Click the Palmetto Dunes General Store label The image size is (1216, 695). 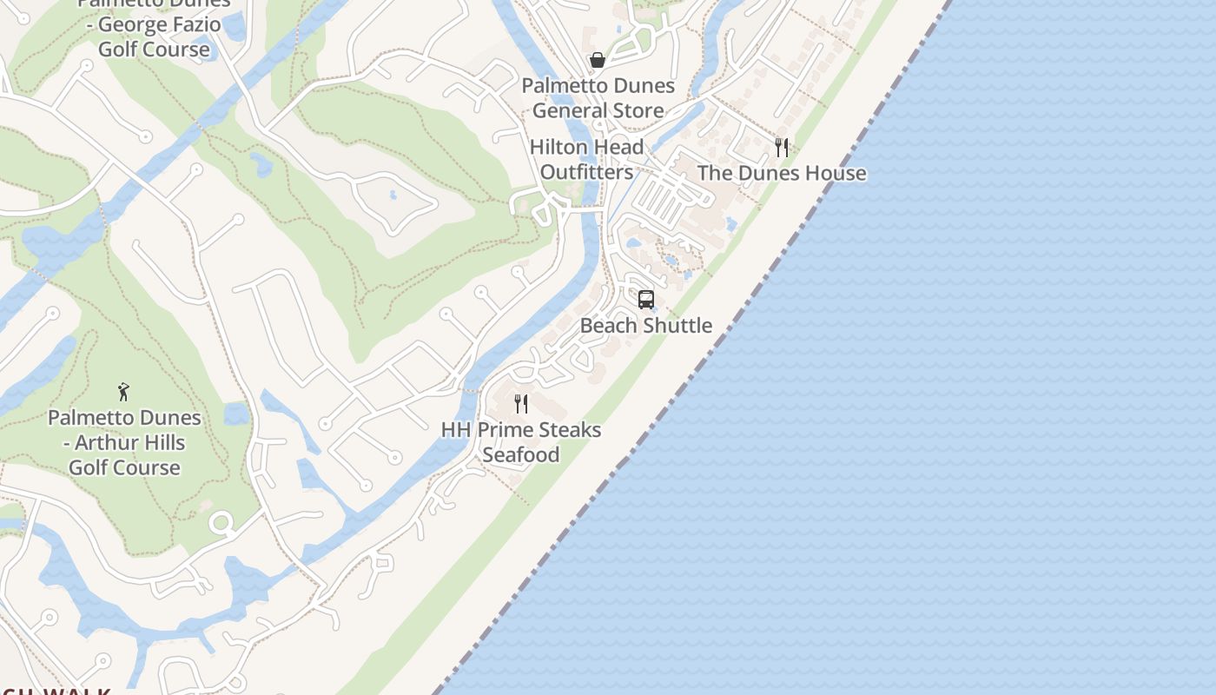tap(598, 98)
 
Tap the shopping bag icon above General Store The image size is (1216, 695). tap(598, 60)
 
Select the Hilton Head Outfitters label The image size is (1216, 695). tap(587, 160)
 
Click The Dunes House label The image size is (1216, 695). tap(782, 173)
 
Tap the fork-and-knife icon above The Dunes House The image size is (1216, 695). tap(782, 148)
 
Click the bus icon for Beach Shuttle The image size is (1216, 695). tap(645, 300)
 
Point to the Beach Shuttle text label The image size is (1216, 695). tap(646, 326)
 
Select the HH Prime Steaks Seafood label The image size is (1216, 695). tap(521, 442)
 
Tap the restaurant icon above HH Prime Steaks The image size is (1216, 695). tap(521, 403)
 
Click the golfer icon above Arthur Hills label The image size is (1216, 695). tap(124, 392)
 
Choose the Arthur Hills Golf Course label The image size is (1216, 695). tap(124, 442)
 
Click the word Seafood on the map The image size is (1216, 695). tap(521, 455)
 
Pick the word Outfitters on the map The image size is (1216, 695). tap(587, 173)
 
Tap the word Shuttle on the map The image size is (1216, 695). tap(678, 326)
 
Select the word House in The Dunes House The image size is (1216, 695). tap(836, 173)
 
